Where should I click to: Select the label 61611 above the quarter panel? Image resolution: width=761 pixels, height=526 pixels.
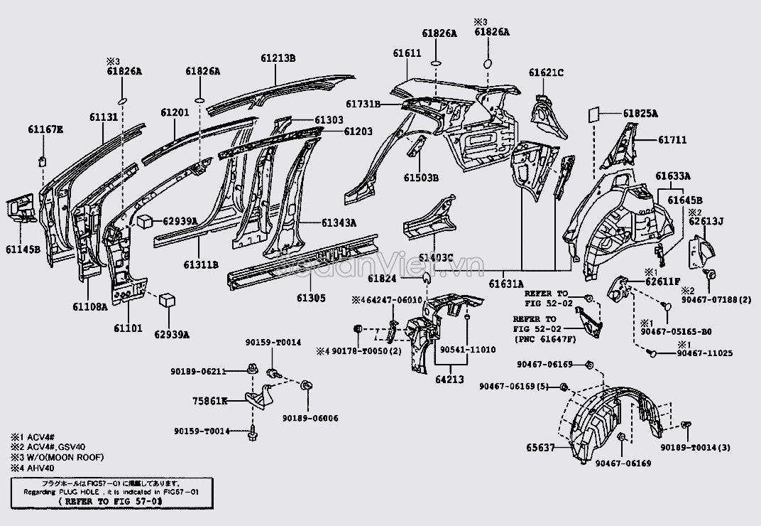[x=407, y=53]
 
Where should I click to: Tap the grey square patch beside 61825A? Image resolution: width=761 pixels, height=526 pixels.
[x=595, y=115]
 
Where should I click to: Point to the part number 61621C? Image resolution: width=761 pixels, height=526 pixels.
[x=546, y=73]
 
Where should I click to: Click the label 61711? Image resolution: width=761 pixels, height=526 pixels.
[x=672, y=141]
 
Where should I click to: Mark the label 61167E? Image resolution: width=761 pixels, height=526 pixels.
[x=45, y=129]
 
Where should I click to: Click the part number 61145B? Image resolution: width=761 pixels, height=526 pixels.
[x=23, y=249]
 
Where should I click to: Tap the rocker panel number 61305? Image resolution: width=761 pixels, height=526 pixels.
[x=311, y=298]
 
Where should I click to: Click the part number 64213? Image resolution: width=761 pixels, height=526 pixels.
[x=449, y=380]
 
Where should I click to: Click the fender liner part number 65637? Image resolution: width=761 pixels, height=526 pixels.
[x=541, y=448]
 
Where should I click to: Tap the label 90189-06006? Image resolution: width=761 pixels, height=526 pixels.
[x=310, y=418]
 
